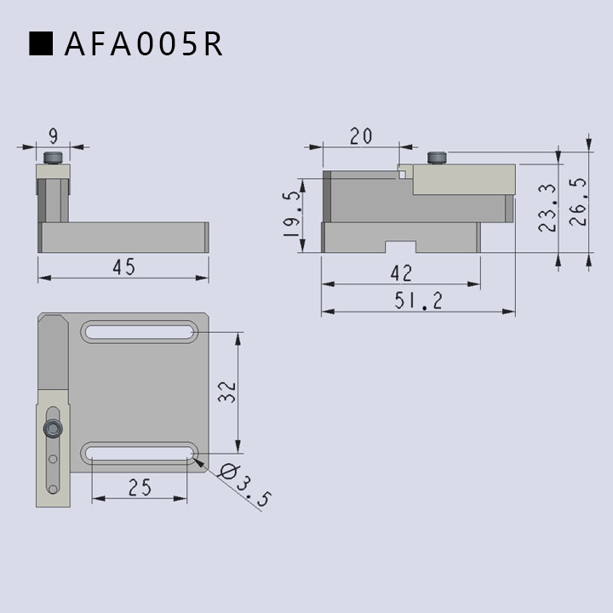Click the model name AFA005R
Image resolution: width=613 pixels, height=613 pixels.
(x=144, y=43)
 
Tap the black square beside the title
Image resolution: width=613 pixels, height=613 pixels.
(x=41, y=43)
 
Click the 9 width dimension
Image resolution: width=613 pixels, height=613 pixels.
(x=53, y=136)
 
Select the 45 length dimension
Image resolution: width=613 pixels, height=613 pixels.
(x=124, y=266)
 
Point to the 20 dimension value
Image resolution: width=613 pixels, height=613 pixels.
(x=361, y=136)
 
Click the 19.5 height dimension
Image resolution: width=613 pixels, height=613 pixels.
(x=292, y=214)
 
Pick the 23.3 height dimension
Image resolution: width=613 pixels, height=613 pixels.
(x=547, y=208)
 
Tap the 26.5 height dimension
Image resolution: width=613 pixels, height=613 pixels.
(x=578, y=202)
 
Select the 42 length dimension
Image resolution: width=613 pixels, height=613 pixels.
(x=401, y=273)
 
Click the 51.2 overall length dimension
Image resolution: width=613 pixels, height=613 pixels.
(x=418, y=301)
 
